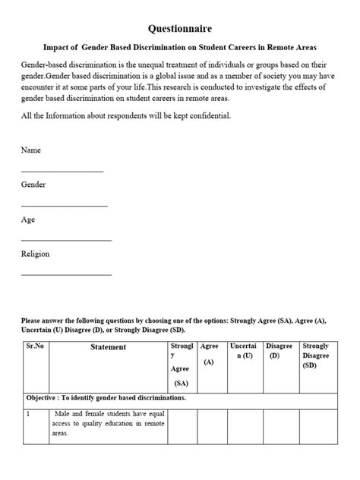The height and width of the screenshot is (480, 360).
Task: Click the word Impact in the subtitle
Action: (x=75, y=47)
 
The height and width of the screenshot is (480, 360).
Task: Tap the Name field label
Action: (x=31, y=150)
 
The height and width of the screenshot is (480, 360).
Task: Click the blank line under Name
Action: (x=62, y=172)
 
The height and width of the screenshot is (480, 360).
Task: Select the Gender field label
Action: (x=34, y=185)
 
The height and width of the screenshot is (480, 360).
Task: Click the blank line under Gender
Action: (x=65, y=206)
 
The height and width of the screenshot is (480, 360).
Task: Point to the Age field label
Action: (x=28, y=219)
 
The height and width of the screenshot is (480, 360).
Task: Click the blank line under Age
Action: (x=66, y=240)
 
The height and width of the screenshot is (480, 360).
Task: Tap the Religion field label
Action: (x=36, y=254)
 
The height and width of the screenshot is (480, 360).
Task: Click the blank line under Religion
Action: (x=66, y=274)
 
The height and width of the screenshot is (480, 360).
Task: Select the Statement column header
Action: (x=109, y=347)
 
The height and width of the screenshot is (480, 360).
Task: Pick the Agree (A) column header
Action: (x=209, y=354)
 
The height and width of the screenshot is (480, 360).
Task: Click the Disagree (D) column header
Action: (x=279, y=350)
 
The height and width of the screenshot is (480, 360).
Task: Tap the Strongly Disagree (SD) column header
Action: (x=315, y=355)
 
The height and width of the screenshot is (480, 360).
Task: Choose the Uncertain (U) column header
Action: (x=243, y=351)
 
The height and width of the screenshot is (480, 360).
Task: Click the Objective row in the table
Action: (x=106, y=398)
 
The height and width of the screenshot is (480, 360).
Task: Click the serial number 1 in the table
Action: (x=27, y=414)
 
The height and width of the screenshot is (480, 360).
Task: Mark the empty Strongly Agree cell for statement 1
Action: (x=182, y=425)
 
